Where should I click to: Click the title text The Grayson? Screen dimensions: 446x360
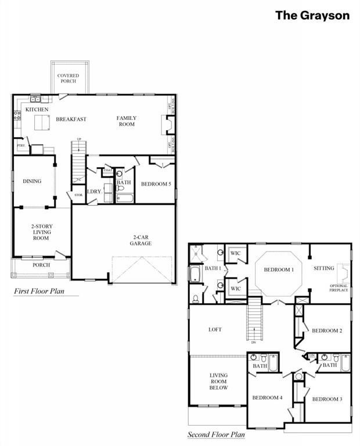pos(312,16)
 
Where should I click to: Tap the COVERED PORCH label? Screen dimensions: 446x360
pos(68,78)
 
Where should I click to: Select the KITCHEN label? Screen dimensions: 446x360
pos(37,109)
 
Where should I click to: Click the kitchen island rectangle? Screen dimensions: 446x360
pos(42,123)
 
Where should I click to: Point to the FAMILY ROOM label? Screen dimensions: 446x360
pos(126,121)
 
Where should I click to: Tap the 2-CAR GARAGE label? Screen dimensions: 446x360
pos(141,240)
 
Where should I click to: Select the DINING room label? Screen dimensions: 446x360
pos(32,181)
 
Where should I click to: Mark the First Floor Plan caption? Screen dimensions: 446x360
pos(39,291)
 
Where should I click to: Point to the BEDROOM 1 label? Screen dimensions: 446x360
pos(279,270)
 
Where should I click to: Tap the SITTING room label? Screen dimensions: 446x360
pos(323,268)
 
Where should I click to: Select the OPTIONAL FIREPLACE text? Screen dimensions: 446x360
pos(339,287)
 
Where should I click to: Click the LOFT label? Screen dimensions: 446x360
pos(215,329)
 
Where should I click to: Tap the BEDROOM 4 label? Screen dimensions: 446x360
pos(267,398)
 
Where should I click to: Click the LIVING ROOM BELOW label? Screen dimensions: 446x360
pos(218,382)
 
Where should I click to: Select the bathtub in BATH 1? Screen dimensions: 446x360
pos(194,274)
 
